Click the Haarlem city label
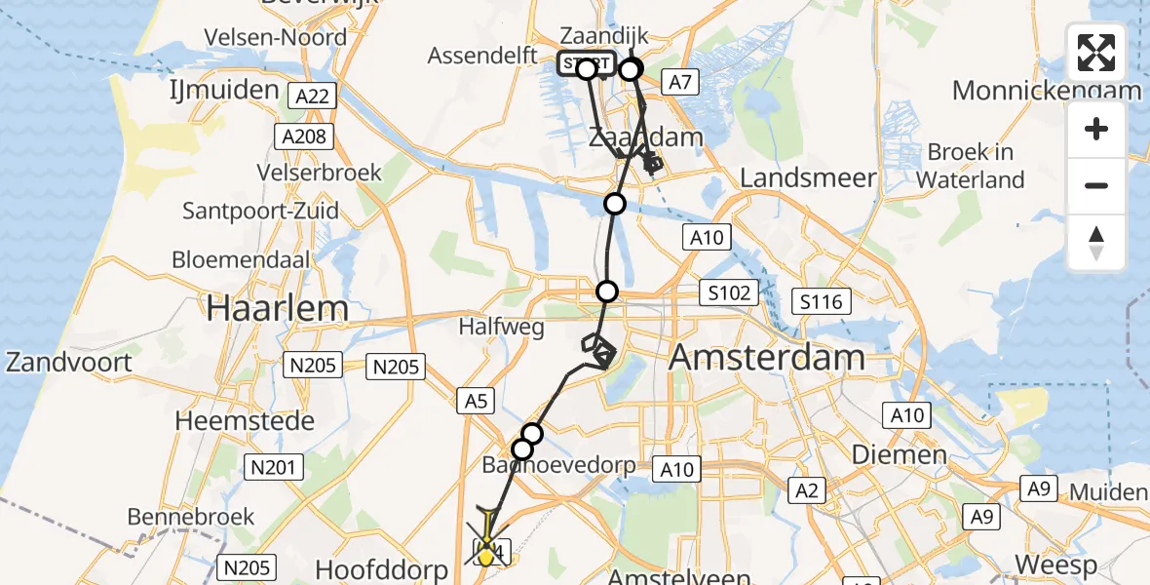277,308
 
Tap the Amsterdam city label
767,357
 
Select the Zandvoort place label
68,363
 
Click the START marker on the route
587,65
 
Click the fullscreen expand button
1096,53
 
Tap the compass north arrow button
1096,243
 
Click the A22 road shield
312,96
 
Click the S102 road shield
729,292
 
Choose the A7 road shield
680,82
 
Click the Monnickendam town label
1047,91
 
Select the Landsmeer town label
808,177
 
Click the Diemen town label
900,454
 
